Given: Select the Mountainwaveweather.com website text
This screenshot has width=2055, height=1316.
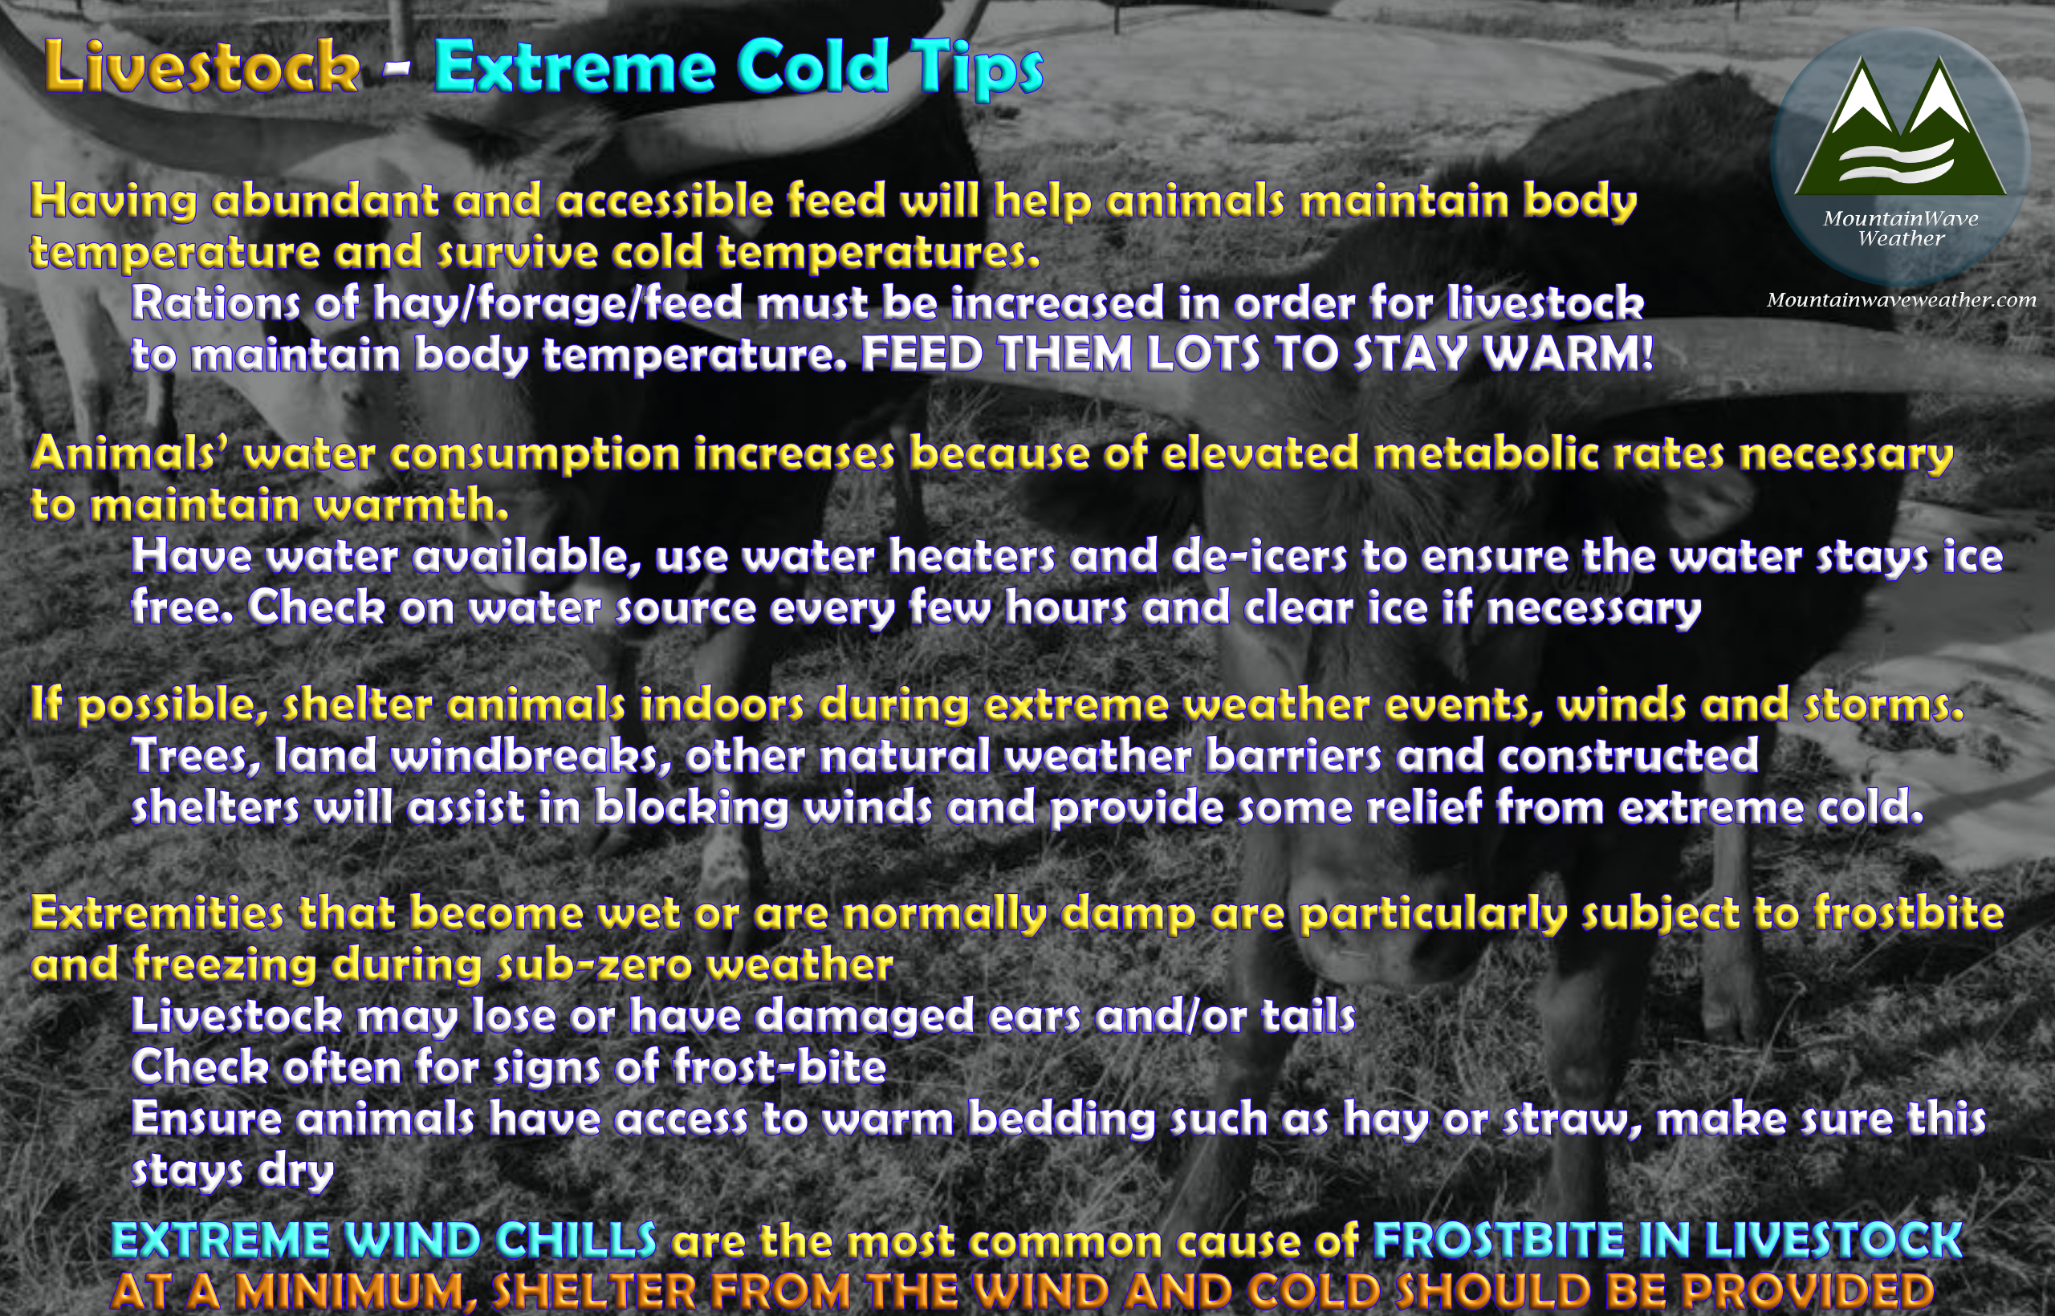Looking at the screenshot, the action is [x=1901, y=300].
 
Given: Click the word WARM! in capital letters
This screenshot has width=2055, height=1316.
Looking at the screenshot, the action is [x=1567, y=354].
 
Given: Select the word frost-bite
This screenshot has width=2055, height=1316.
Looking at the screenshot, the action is [x=779, y=1067].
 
